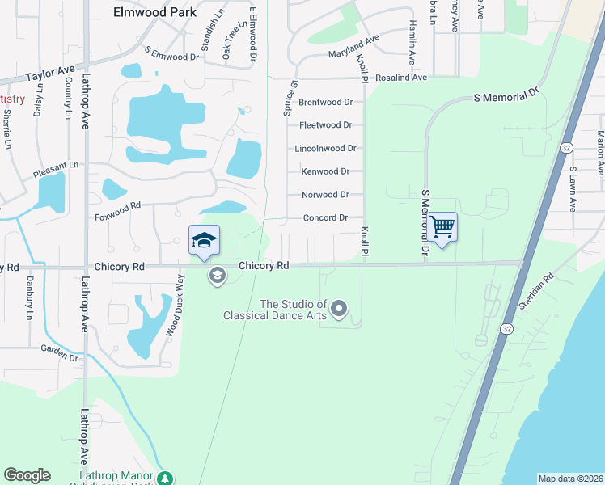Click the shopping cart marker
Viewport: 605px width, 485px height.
[442, 226]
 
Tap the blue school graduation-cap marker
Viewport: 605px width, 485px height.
[205, 240]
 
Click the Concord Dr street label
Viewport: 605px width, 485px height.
[325, 218]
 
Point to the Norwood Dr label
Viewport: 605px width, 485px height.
[325, 195]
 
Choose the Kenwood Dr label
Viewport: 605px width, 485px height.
[325, 171]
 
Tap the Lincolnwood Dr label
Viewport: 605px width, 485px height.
[325, 149]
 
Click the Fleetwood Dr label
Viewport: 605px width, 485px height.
[325, 125]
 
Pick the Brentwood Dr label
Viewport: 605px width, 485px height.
[325, 103]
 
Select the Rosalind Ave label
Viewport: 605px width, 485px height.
[400, 78]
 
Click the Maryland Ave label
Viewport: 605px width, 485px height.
[353, 47]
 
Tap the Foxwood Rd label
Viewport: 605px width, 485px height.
[117, 211]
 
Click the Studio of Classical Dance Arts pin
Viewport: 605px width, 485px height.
[339, 308]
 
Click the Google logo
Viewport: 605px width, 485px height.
[27, 475]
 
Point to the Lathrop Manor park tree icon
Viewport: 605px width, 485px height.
[165, 479]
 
